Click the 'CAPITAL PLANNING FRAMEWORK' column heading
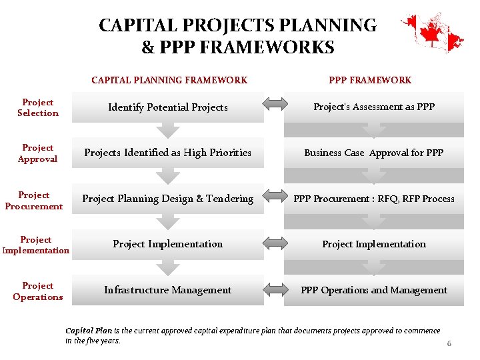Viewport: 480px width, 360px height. click(x=169, y=80)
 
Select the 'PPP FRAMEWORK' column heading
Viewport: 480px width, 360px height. click(x=370, y=80)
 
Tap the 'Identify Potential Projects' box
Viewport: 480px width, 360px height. click(x=167, y=107)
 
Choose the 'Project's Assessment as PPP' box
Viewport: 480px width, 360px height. click(x=374, y=107)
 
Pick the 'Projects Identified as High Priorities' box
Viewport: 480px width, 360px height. click(x=167, y=153)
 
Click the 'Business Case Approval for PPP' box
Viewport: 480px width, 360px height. click(x=374, y=153)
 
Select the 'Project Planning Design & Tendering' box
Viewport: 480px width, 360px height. click(x=167, y=199)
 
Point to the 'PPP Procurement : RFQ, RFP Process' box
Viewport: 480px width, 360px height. click(x=374, y=199)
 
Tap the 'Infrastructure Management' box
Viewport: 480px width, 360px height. click(x=167, y=290)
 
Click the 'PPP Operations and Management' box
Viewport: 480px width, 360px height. click(x=374, y=290)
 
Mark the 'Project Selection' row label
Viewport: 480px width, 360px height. click(x=38, y=108)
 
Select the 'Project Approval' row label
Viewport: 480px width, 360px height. click(x=38, y=153)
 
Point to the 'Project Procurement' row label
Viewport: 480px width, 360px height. click(x=34, y=201)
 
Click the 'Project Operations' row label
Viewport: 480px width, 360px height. click(x=38, y=291)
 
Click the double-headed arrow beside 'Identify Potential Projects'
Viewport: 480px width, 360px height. click(x=274, y=103)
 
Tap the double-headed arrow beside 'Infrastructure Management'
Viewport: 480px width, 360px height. click(x=274, y=290)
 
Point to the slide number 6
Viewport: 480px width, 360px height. click(x=449, y=344)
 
